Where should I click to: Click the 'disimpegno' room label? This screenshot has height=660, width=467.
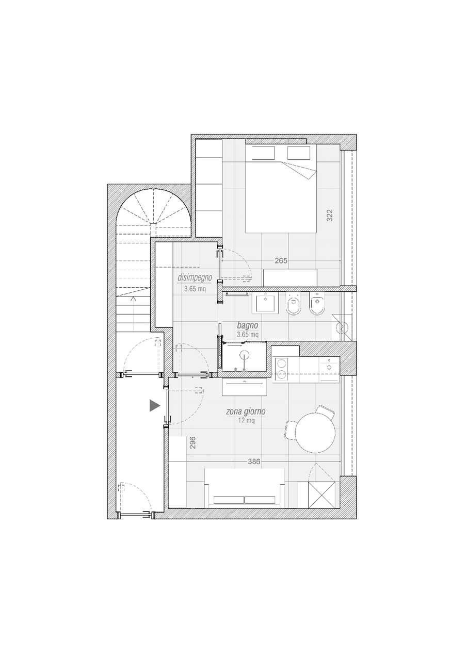[195, 278]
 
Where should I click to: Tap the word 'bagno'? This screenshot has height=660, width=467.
[248, 325]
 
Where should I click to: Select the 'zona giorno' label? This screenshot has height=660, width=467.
[246, 412]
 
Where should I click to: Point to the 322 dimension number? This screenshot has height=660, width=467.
[330, 215]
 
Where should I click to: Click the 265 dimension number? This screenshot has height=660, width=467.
[281, 261]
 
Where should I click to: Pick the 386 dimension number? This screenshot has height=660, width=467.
[254, 461]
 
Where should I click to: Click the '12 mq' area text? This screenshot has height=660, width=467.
[246, 421]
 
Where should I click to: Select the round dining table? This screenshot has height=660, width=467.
[315, 433]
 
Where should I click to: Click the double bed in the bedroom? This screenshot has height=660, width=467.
[281, 189]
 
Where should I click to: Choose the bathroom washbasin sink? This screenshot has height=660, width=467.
[266, 302]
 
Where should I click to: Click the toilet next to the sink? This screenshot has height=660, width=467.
[293, 304]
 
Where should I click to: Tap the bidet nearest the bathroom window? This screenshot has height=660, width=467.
[317, 304]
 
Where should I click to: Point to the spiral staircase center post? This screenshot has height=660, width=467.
[153, 224]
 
